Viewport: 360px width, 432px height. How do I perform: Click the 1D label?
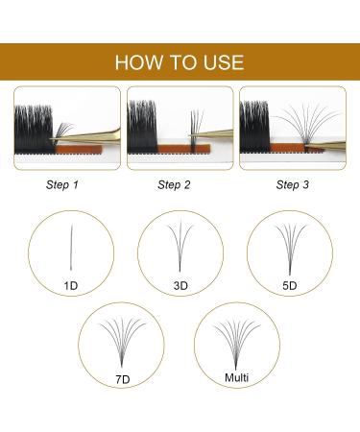pos(69,284)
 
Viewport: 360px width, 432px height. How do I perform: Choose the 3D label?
pos(180,285)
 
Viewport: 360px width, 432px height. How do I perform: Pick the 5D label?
pos(289,285)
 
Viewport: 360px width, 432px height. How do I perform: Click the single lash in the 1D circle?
pos(71,248)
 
